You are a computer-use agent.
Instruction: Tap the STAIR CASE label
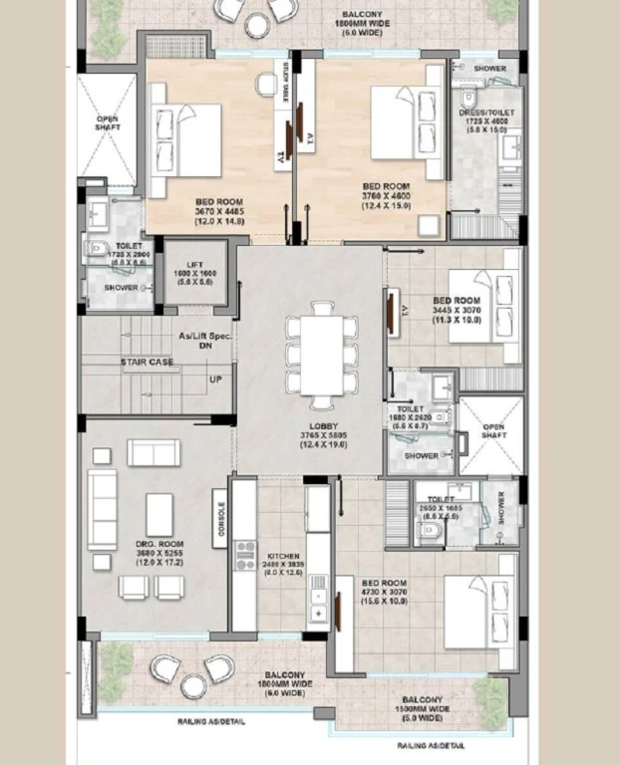click(x=148, y=362)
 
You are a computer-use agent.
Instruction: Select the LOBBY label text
click(x=310, y=425)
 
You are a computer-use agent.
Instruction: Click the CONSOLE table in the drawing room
click(x=221, y=517)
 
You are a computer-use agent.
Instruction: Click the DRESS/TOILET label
click(x=483, y=114)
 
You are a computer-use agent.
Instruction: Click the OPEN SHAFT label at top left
click(x=107, y=125)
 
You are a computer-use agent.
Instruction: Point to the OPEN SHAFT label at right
click(x=493, y=432)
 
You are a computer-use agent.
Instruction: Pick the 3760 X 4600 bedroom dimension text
click(x=386, y=196)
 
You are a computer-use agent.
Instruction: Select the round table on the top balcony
click(x=257, y=25)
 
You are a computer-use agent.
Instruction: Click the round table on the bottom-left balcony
click(x=193, y=685)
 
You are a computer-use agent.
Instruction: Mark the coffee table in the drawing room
click(x=159, y=514)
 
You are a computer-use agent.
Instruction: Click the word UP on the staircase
click(x=216, y=380)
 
